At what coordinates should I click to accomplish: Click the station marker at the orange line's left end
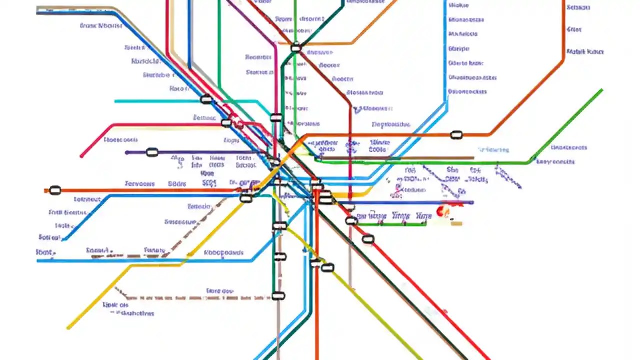point(55,190)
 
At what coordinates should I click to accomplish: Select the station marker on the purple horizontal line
point(152,152)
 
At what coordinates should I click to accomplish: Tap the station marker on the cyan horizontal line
point(206,100)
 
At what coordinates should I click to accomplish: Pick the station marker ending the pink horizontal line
point(226,123)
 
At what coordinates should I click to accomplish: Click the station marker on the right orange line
point(456,135)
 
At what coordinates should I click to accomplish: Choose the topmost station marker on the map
point(296,48)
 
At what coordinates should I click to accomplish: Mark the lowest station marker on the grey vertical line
point(278,296)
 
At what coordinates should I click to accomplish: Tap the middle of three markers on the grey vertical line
point(280,257)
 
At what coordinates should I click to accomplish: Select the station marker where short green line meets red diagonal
point(352,221)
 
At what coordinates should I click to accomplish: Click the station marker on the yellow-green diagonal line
point(327,268)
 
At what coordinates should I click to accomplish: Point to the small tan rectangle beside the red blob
point(456,223)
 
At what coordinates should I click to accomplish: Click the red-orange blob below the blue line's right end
point(442,212)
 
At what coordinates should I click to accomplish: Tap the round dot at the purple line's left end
point(127,153)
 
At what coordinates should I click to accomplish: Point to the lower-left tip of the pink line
point(81,156)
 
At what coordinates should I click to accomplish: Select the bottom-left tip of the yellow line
point(68,328)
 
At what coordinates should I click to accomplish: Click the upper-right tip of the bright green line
point(601,90)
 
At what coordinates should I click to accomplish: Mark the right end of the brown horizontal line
point(472,158)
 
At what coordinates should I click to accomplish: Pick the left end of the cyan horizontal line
point(116,101)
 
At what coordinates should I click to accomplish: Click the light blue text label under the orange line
point(493,150)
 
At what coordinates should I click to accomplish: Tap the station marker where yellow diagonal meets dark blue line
point(246,198)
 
